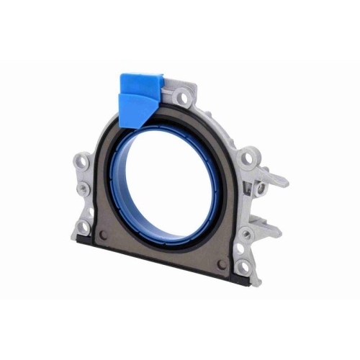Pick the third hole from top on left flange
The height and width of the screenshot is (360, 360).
(x=87, y=210)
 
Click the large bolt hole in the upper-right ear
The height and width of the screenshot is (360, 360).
(x=248, y=157)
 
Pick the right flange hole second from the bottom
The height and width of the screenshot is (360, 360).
(x=240, y=248)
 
